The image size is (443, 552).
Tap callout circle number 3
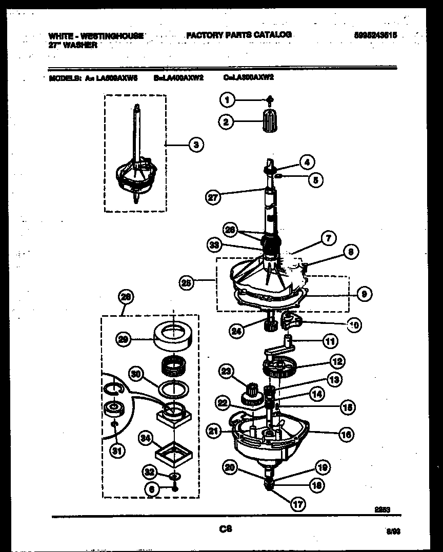coord(195,145)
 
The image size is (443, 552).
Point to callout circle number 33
coord(214,246)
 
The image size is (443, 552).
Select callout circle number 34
coord(146,438)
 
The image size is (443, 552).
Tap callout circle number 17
coord(298,504)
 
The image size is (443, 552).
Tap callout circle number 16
coord(347,435)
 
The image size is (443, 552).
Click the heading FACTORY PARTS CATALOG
coord(239,35)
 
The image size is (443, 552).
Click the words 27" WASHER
coord(72,45)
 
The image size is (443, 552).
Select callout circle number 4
coord(307,162)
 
